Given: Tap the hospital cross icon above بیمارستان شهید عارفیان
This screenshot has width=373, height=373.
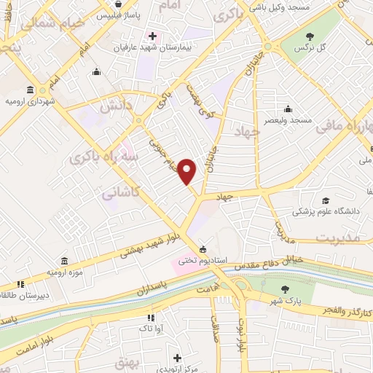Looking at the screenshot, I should point(152,36).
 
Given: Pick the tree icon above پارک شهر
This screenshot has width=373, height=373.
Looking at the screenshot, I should point(285,288).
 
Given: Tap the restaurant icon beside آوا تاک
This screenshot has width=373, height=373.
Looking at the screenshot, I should point(150,318).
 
